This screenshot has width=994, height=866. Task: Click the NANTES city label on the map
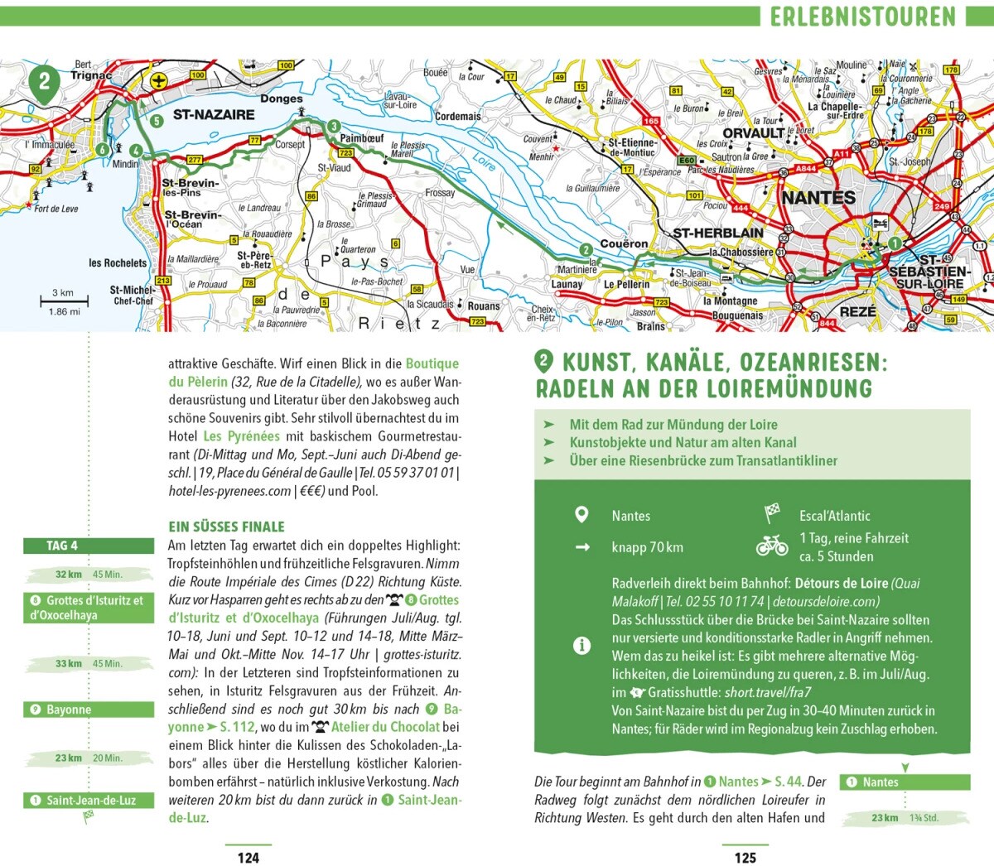click(x=818, y=198)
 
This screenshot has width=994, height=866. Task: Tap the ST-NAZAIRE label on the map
click(x=213, y=115)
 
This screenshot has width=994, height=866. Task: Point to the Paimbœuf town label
click(x=362, y=138)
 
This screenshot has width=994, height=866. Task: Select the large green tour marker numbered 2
click(x=45, y=82)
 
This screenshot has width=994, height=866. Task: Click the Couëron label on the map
click(x=624, y=243)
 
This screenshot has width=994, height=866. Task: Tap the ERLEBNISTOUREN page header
click(x=862, y=17)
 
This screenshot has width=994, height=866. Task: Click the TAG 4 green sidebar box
click(x=89, y=546)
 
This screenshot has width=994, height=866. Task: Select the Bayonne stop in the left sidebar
click(x=89, y=710)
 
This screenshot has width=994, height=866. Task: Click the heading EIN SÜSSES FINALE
click(x=226, y=527)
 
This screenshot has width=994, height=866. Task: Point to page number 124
click(x=248, y=858)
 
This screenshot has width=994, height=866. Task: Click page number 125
click(x=745, y=858)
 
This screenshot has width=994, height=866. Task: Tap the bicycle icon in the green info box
click(x=772, y=546)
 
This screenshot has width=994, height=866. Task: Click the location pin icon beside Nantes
click(x=581, y=515)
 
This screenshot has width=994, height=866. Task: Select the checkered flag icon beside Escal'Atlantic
click(x=772, y=514)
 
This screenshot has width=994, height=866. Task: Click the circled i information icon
click(x=581, y=646)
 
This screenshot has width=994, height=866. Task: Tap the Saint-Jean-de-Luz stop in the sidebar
click(x=89, y=801)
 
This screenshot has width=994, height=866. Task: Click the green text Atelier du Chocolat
click(x=385, y=727)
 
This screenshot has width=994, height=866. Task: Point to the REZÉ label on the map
click(x=857, y=312)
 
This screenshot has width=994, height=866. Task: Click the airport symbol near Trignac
click(x=159, y=80)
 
